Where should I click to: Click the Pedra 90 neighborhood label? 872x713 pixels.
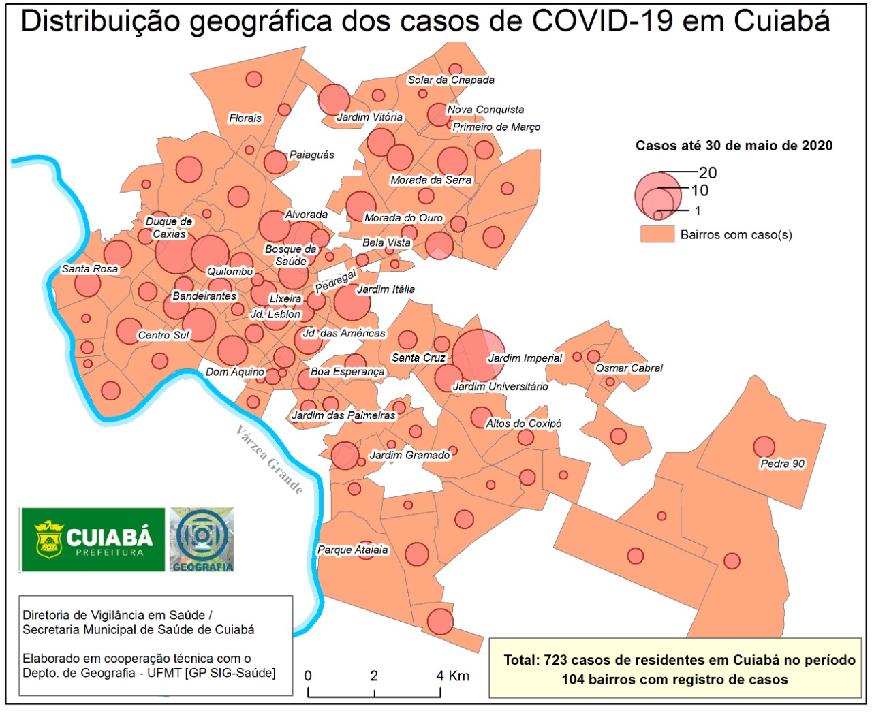click(x=782, y=464)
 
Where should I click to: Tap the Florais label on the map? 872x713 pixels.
click(x=245, y=118)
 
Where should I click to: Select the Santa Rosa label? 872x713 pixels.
click(x=90, y=269)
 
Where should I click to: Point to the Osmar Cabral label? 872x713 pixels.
click(x=629, y=368)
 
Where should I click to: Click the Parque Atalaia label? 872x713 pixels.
click(x=353, y=550)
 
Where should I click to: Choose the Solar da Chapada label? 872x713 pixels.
click(x=451, y=80)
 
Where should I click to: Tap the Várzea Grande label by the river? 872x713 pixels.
click(x=269, y=459)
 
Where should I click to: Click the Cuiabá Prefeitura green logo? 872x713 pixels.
click(x=93, y=539)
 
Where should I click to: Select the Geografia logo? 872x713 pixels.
click(x=202, y=539)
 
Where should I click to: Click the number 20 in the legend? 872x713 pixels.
click(x=708, y=173)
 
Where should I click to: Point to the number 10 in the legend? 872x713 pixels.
click(x=700, y=191)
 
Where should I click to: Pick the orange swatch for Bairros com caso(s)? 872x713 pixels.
click(x=657, y=235)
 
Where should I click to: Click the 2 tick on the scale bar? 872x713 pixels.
click(x=374, y=676)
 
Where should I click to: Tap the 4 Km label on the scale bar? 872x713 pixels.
click(x=453, y=676)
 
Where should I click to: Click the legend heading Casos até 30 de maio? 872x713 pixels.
click(x=734, y=146)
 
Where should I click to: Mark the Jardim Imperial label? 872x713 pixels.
click(x=525, y=358)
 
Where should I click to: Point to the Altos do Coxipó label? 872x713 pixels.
click(x=523, y=424)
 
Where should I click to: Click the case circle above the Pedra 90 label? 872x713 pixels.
click(x=764, y=447)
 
